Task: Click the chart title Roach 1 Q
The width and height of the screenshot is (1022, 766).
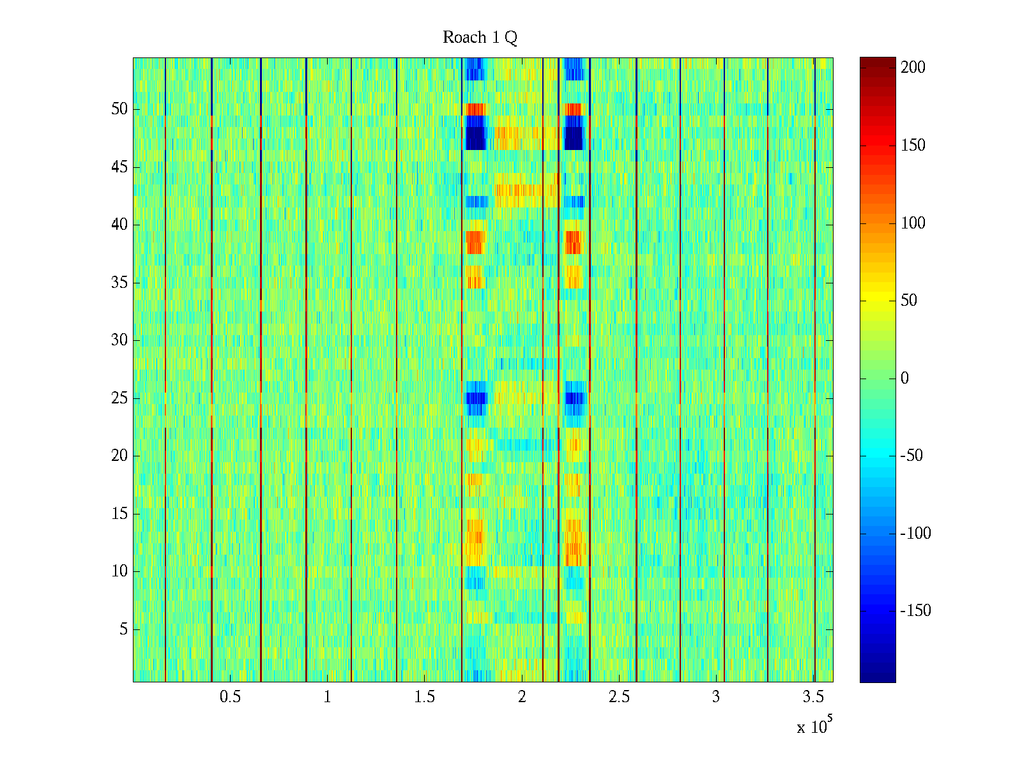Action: [480, 38]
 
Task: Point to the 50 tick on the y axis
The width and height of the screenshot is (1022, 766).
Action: [119, 109]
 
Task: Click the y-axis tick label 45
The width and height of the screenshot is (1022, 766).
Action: [119, 167]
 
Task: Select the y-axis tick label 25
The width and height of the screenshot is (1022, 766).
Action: [119, 398]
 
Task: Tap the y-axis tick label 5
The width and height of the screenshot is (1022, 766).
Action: [123, 629]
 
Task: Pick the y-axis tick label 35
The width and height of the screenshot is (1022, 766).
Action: [119, 283]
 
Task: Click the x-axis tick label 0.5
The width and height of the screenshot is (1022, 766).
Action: [230, 697]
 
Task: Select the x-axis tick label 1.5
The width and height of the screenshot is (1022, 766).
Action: [425, 697]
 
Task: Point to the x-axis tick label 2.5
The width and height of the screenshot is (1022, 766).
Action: [619, 697]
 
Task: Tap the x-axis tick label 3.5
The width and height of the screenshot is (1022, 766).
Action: [813, 697]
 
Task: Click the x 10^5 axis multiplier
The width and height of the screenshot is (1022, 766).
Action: [814, 726]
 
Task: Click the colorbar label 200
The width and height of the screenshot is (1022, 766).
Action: [913, 68]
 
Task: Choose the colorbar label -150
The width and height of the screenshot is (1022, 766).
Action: [915, 611]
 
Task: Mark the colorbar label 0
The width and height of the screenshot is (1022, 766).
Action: [904, 379]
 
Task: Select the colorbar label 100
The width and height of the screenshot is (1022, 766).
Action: [913, 223]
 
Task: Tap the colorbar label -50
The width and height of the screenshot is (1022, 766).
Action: [912, 456]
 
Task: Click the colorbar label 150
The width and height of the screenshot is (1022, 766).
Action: [913, 146]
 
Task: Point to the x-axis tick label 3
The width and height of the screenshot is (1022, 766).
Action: [716, 697]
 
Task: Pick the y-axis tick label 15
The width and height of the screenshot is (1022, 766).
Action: [119, 514]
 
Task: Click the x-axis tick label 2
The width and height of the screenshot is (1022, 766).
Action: [522, 697]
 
